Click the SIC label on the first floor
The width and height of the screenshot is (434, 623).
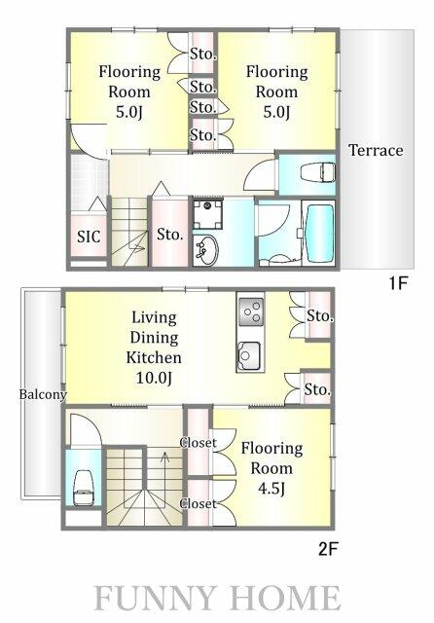point(89,237)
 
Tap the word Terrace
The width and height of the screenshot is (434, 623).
point(376,150)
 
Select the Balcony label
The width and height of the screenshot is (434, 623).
point(43,394)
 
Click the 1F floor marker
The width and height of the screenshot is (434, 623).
point(398,283)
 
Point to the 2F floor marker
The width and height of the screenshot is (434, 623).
point(328,549)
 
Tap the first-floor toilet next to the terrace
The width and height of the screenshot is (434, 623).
point(317,173)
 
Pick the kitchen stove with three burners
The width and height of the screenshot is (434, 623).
point(250,311)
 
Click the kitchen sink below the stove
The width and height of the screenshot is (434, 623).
point(249,354)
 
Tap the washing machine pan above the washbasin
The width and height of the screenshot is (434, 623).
point(207,215)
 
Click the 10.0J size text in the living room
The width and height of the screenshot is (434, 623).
point(154,378)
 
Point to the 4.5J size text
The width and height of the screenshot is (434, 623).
point(271,489)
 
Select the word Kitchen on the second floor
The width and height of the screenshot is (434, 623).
point(154,357)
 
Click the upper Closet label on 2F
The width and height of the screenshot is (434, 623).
point(199,443)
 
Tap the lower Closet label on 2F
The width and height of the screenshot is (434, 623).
point(199,504)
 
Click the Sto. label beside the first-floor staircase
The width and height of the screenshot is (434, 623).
point(170,235)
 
